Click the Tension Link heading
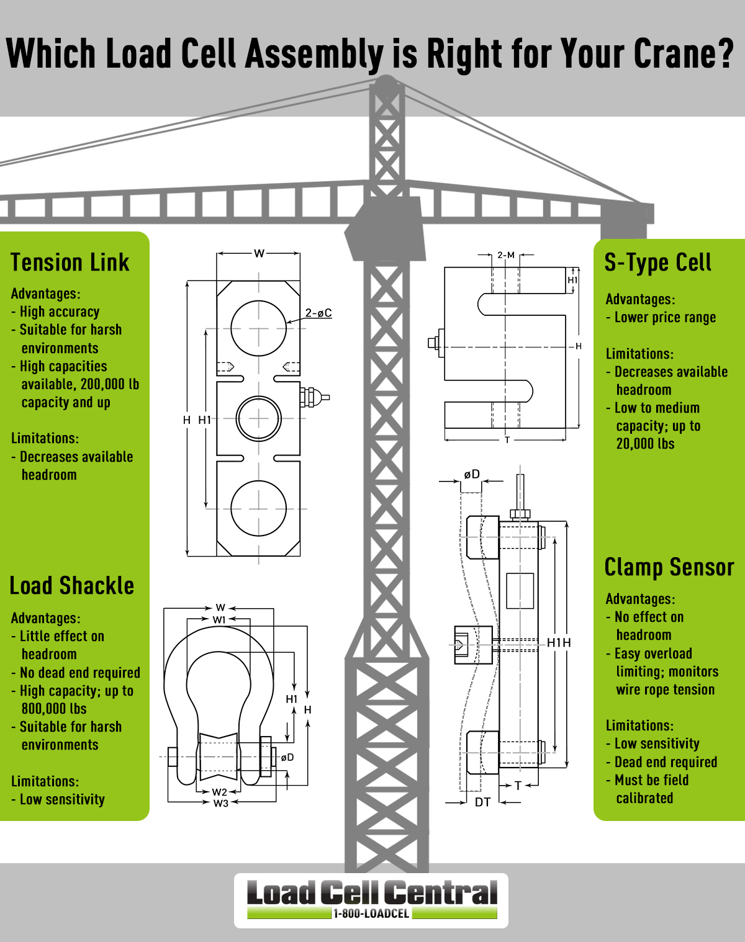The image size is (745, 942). point(70,262)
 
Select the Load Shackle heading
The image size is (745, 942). point(71,586)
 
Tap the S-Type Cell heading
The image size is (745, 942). point(657,262)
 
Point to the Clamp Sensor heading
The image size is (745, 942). point(669,567)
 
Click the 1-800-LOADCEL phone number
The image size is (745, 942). point(371,913)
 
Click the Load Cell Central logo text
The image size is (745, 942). point(371,893)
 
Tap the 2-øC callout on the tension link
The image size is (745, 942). point(318,313)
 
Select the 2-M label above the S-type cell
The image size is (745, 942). point(506,255)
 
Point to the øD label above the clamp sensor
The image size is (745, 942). point(472,474)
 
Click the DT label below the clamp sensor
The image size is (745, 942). point(482,802)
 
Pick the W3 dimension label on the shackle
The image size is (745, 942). point(220,803)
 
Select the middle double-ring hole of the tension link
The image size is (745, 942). point(258,418)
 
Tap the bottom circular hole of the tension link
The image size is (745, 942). point(258,508)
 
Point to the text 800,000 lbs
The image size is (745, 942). point(54,709)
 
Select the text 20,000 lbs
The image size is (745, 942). point(645,444)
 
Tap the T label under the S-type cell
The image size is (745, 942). point(507,440)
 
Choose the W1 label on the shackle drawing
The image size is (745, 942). point(220,619)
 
